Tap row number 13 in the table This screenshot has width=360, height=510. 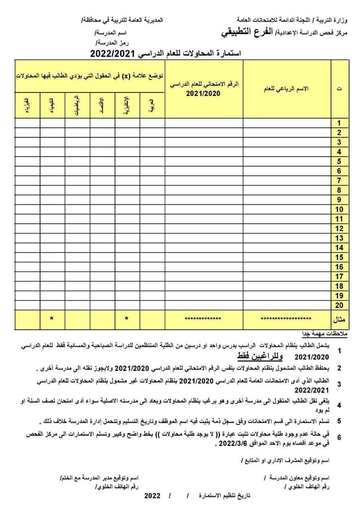click(x=339, y=238)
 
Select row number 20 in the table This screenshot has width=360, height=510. click(x=339, y=305)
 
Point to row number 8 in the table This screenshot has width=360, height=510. click(x=339, y=190)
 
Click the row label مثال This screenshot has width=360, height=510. click(x=339, y=319)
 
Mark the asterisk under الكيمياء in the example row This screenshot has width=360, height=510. click(x=52, y=319)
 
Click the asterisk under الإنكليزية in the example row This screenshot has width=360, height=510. click(x=127, y=319)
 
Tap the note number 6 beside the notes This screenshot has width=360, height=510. click(x=339, y=437)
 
